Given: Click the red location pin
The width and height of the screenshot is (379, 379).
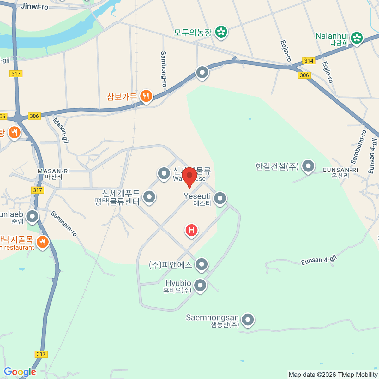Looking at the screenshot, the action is coord(189,176).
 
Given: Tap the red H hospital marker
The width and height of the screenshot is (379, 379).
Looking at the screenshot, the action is coord(191,230).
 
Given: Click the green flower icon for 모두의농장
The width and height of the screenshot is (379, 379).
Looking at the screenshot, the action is coord(221,32).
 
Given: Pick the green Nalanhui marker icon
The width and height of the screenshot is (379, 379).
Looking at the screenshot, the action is coord(357,38).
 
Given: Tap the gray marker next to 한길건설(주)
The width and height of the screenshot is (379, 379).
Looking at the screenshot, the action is coord(308,165).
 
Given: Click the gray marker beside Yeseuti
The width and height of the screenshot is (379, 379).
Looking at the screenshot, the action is coord(220,198).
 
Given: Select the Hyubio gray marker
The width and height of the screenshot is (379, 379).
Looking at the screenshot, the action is coord(200,285).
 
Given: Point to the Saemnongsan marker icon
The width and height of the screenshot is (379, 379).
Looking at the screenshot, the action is coord(248,320).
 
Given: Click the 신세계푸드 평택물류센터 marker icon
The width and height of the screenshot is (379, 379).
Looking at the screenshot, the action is coord(149,196).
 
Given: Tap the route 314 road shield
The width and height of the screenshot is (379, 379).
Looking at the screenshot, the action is coord(309,61).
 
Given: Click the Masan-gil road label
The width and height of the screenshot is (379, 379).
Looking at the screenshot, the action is coord(60,130).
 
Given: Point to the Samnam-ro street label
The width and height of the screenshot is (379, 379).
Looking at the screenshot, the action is coord(64,224).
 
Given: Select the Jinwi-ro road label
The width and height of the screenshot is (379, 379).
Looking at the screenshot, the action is coord(34,6).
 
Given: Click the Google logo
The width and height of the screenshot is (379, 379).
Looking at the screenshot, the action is coord(20,372).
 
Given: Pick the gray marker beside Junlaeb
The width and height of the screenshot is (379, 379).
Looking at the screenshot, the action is coord(32,216).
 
